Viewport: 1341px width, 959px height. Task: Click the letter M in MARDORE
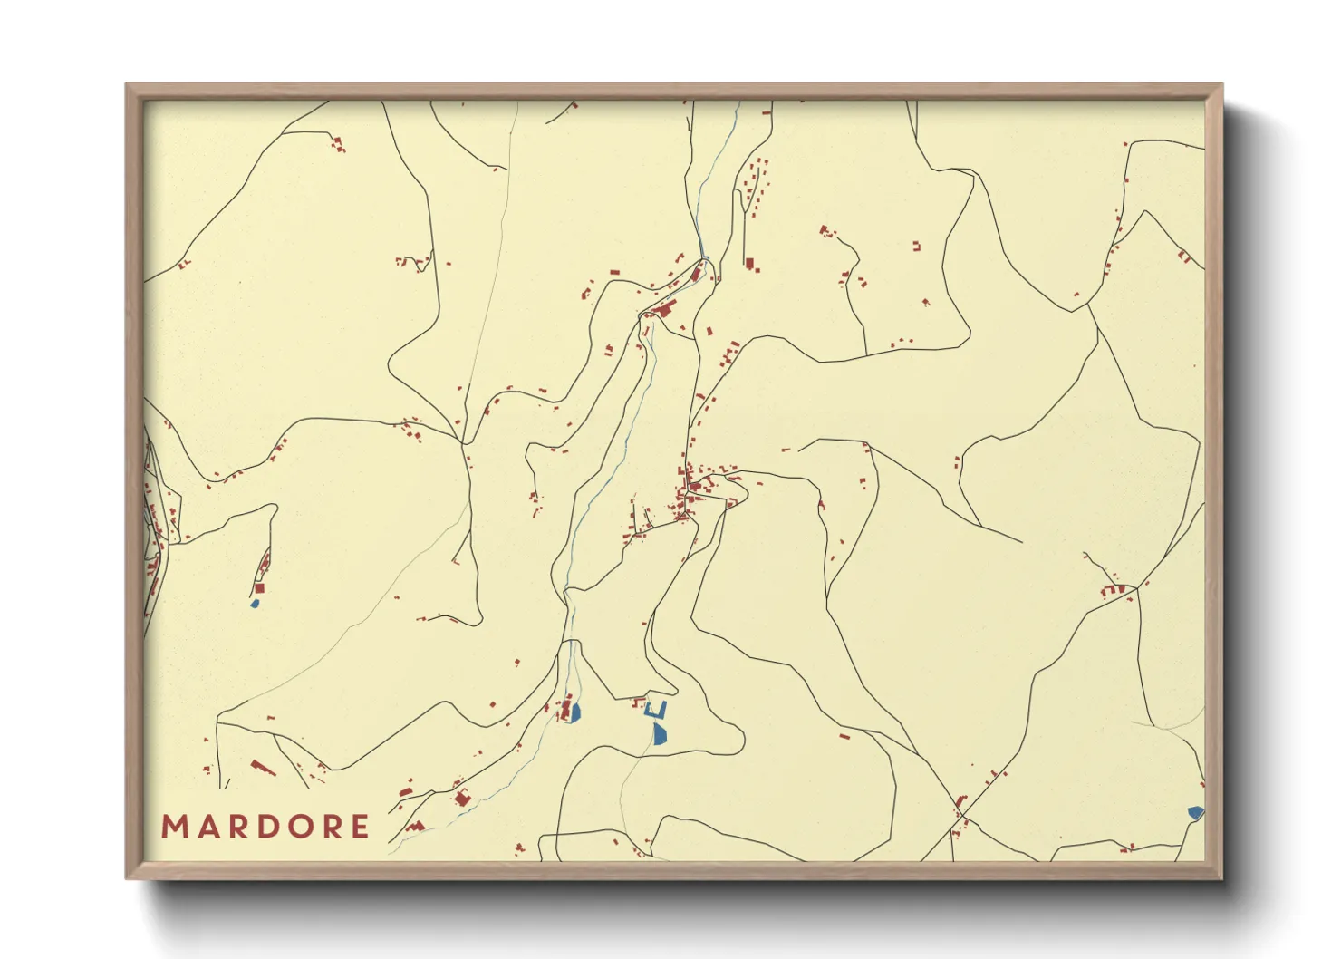pos(173,827)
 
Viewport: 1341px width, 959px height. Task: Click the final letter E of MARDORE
pos(361,827)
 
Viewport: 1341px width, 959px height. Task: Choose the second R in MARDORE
pos(333,827)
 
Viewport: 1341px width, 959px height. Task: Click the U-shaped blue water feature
pos(656,710)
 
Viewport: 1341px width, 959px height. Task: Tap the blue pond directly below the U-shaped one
pos(660,733)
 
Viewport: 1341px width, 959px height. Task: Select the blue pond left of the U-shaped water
pos(574,712)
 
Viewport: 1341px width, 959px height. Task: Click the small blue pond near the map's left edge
pos(256,603)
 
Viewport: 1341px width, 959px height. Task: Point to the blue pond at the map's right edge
pos(1196,813)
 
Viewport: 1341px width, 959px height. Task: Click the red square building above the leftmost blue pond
pos(260,588)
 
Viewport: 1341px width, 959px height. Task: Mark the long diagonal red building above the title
pos(264,769)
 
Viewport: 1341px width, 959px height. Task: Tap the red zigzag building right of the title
pos(415,827)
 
